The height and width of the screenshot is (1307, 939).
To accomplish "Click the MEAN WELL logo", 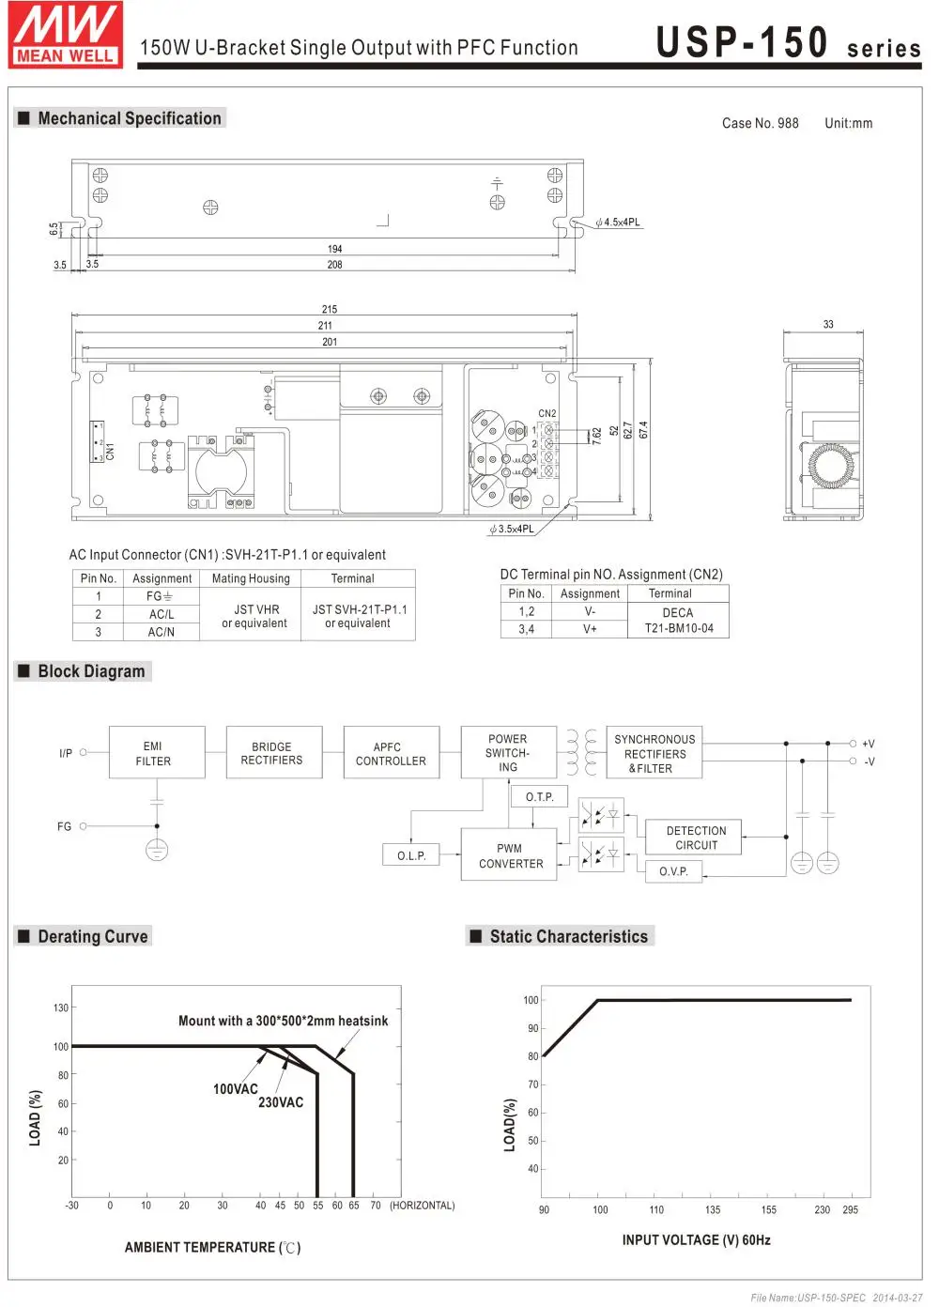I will coord(66,35).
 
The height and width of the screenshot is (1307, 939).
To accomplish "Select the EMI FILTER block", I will coord(153,753).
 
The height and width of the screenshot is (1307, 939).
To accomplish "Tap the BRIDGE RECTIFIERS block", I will coord(272,753).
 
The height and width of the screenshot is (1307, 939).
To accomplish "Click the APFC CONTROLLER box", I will coord(391,753).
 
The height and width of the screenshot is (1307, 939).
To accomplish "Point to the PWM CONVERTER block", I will coord(510,855).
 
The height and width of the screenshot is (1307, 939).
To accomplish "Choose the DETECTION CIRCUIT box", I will coord(696,838).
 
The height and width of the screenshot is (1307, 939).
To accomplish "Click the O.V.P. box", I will coord(673,871).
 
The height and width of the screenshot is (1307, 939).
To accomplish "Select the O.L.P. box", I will coord(411,855).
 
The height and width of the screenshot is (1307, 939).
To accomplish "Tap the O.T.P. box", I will coord(539,797).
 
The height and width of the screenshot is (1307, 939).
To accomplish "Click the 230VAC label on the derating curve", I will coord(281,1102).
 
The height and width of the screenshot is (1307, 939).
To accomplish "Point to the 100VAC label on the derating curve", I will coord(235,1089).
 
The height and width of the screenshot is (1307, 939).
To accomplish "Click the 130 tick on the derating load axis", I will coord(61,1007).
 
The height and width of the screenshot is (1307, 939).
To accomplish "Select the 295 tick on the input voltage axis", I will coord(850,1209).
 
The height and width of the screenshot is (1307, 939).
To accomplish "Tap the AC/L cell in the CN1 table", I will coord(162,614).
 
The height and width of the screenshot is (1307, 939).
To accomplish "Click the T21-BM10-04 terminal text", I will coord(679,628).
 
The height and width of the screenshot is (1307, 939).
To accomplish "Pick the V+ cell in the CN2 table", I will coord(590,629).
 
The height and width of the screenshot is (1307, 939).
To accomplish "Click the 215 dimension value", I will coord(329,309).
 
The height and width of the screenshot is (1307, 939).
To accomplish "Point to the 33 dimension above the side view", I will coord(828,324).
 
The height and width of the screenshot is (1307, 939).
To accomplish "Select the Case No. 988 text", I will coord(761,123).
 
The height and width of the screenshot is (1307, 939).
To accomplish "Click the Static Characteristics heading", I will coord(568,936).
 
